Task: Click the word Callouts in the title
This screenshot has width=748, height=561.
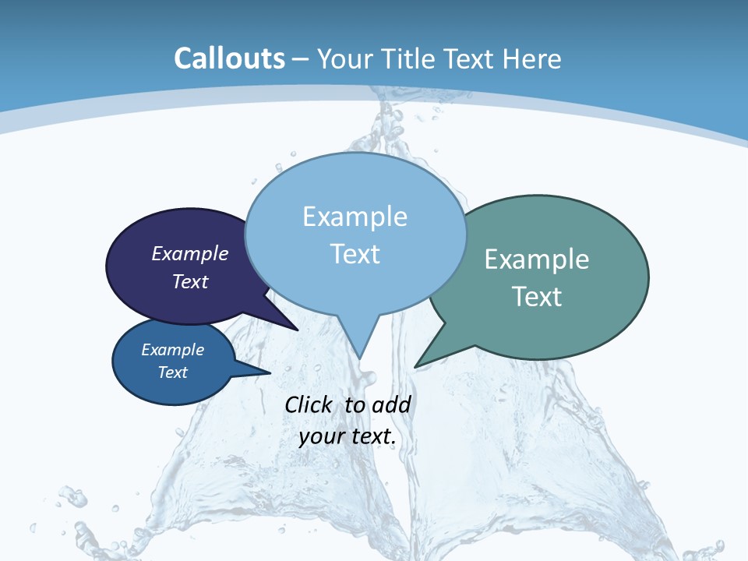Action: [229, 58]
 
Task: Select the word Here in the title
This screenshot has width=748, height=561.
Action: [533, 58]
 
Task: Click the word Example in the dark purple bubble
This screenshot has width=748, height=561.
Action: [190, 253]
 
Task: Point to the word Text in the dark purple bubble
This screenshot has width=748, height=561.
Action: [190, 281]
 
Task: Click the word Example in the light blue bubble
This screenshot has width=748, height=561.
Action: [355, 217]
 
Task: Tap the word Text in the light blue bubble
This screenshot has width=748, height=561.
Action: [355, 254]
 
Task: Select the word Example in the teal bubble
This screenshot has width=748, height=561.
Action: [537, 259]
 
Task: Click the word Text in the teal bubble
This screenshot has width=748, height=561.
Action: [537, 297]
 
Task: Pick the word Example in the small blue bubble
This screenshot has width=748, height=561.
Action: [173, 350]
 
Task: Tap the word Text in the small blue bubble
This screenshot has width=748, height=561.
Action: [173, 372]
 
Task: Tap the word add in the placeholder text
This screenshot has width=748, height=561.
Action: [390, 404]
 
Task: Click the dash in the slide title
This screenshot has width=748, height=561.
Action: [302, 59]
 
